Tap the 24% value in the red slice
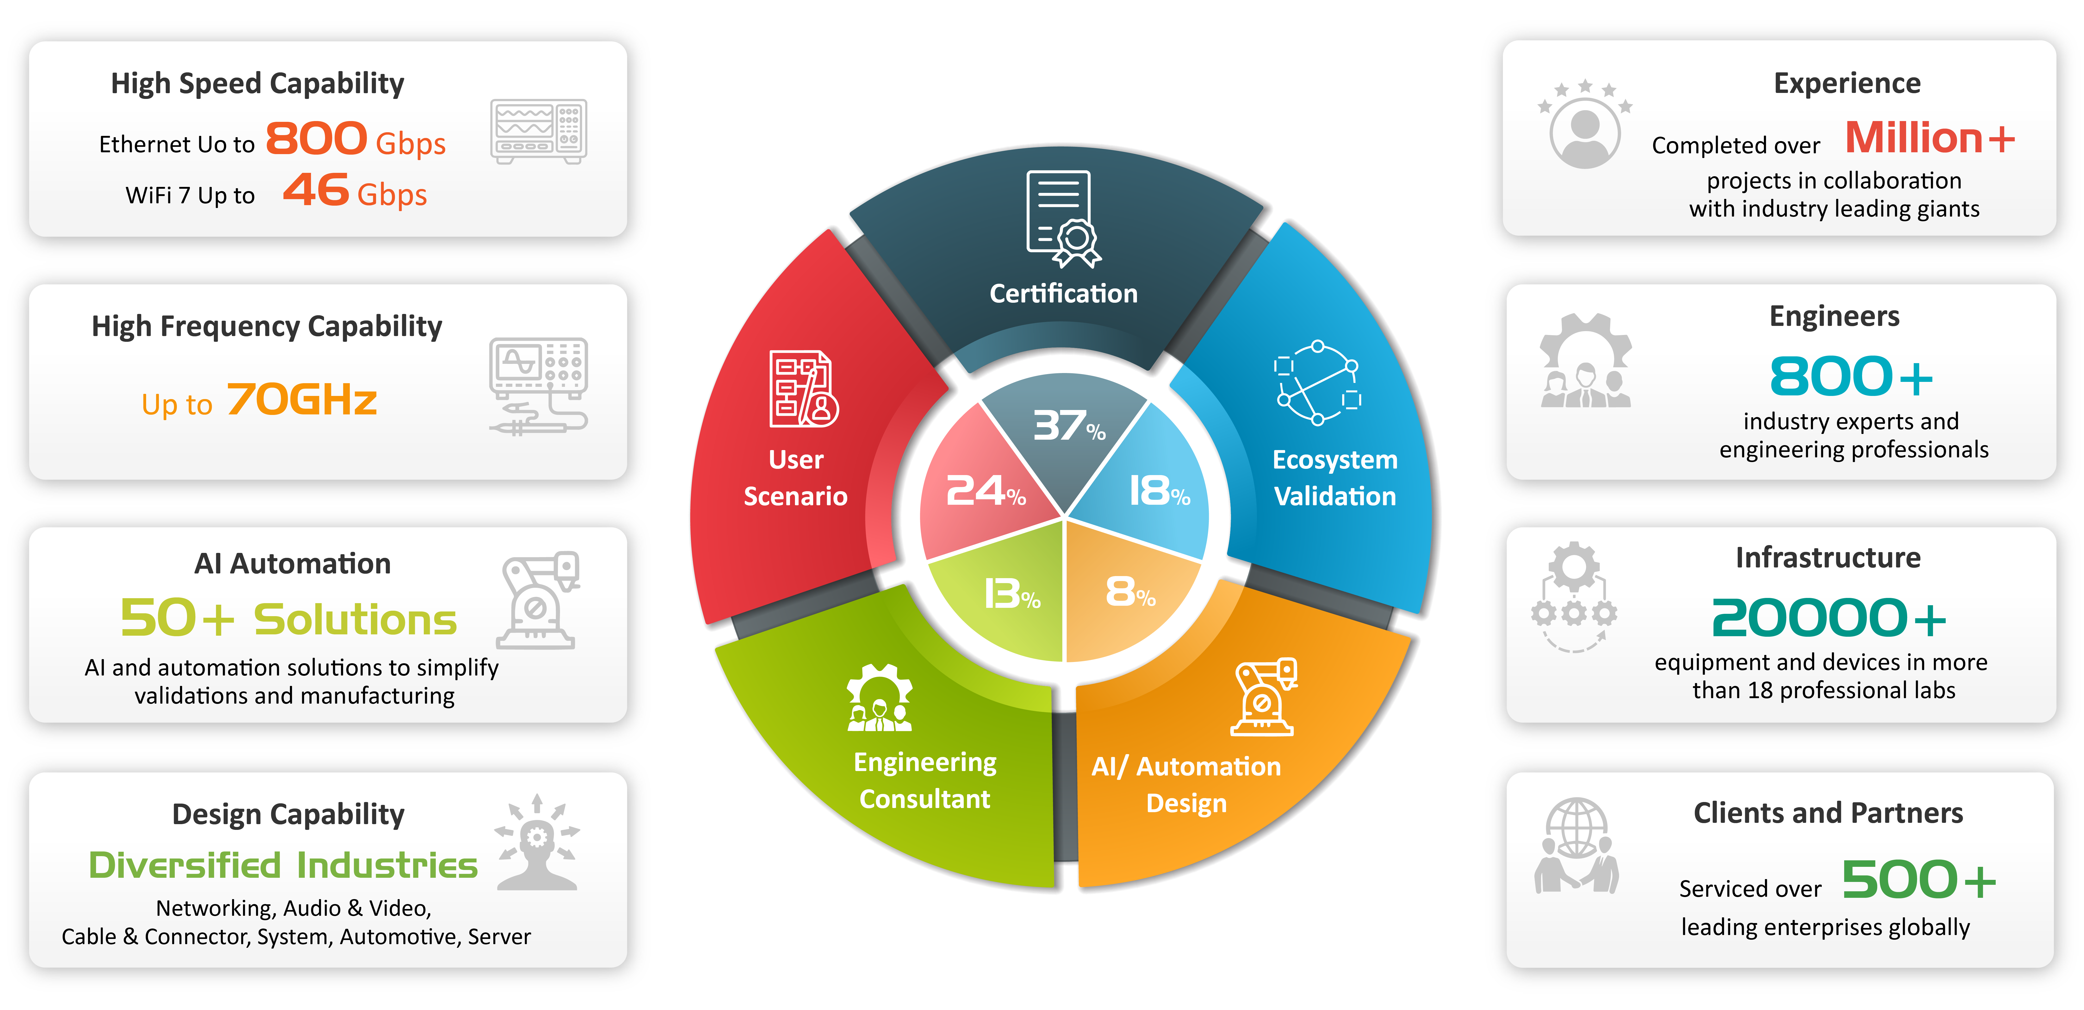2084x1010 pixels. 985,491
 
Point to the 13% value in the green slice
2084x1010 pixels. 1011,594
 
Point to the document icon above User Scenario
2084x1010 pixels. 803,389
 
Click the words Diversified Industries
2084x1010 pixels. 283,865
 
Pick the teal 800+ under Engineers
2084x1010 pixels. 1851,377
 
